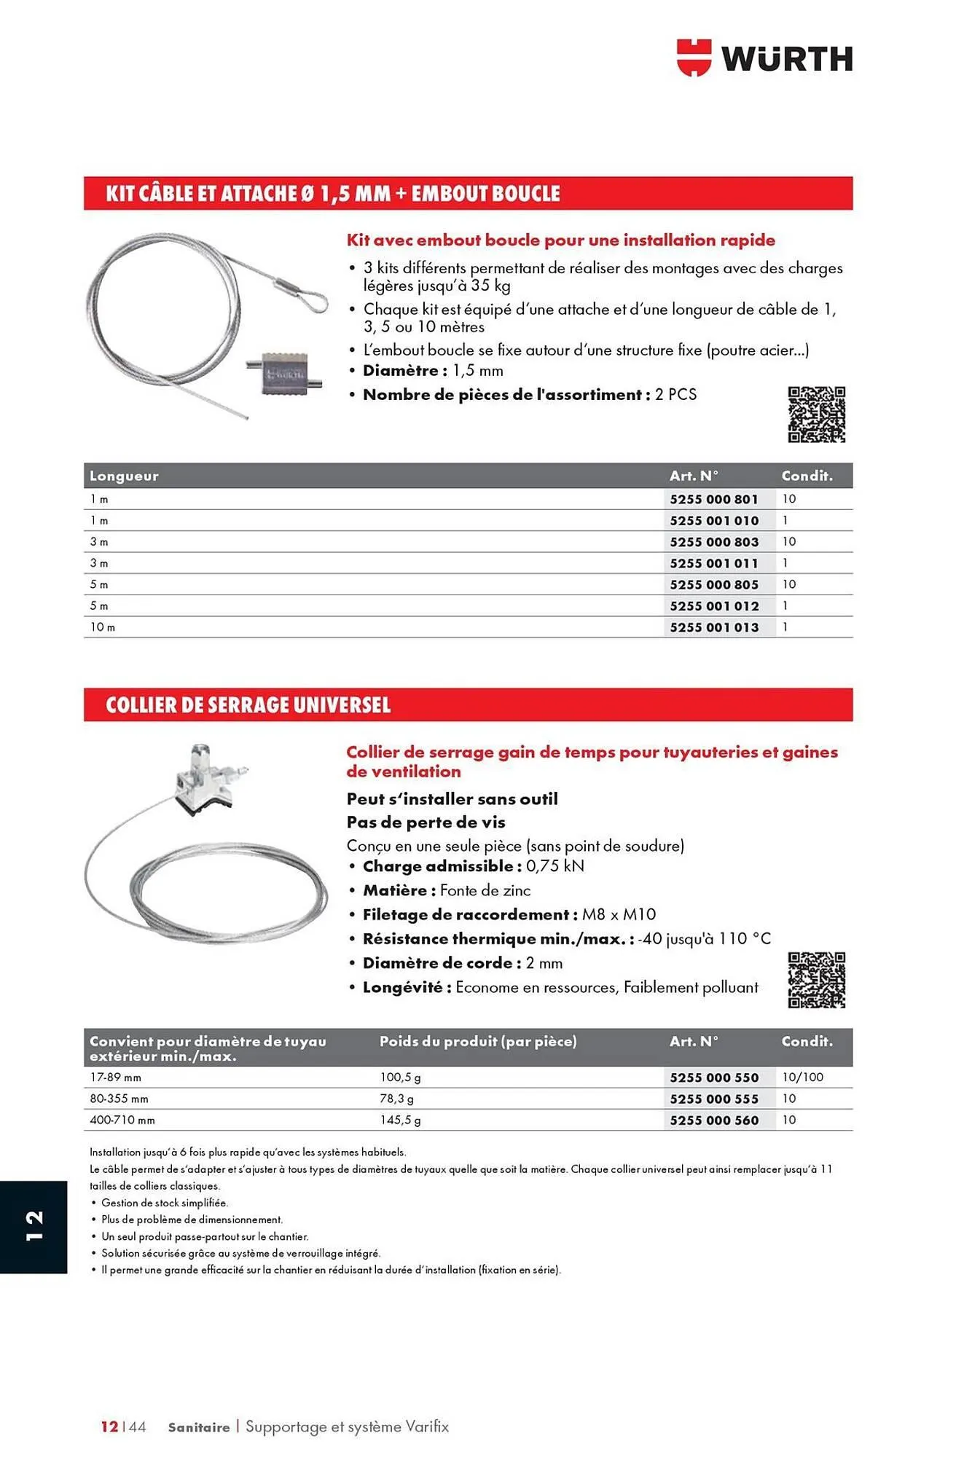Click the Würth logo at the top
[764, 58]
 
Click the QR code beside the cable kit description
[816, 415]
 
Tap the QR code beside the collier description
[816, 980]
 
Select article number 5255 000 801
[714, 499]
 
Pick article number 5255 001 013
[714, 627]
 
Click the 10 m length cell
[103, 627]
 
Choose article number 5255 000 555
[714, 1099]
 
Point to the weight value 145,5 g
[400, 1120]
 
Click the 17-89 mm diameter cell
[115, 1077]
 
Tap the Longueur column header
[124, 476]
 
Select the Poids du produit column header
[478, 1042]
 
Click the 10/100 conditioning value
[802, 1077]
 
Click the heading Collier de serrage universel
[248, 705]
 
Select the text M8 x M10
[619, 914]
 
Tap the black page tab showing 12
[34, 1227]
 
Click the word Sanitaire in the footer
[198, 1427]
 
